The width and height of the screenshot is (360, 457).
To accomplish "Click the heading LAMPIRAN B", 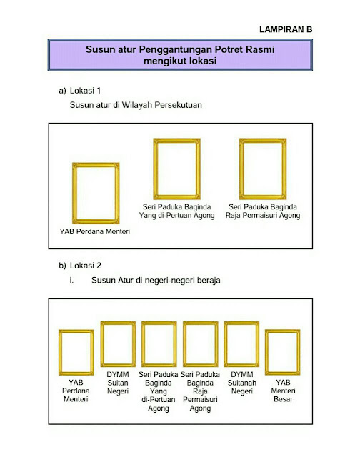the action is [286, 29].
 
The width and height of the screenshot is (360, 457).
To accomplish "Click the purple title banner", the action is [180, 55].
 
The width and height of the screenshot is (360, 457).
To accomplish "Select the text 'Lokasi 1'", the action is [86, 91].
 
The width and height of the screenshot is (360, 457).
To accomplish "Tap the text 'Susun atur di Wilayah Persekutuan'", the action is [136, 105].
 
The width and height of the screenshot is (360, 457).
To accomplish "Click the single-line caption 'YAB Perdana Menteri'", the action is [95, 231].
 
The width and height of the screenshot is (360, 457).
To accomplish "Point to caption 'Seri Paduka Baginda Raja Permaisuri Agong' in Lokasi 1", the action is [263, 211].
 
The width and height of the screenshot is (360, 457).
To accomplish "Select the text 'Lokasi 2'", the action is [86, 266].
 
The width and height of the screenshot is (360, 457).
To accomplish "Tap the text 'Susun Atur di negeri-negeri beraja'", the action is [156, 280].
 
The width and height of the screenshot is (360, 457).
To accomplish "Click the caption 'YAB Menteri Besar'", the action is [283, 391].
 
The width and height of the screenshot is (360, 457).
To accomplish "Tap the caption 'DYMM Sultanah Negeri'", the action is [242, 383].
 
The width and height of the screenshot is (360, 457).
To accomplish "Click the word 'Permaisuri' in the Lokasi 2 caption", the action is [200, 399].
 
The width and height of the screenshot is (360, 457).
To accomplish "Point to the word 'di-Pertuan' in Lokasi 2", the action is [159, 399].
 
